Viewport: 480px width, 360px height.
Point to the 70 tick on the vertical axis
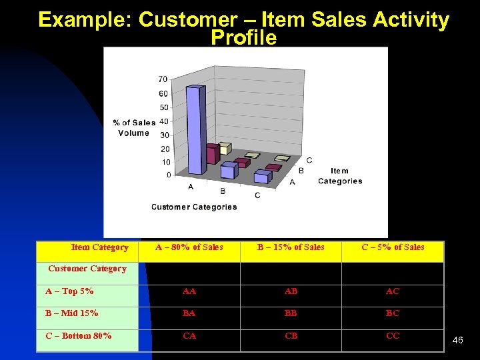163,79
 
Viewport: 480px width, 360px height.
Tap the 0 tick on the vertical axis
168,175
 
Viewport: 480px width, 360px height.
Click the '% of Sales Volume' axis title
134,127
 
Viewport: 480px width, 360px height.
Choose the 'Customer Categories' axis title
194,207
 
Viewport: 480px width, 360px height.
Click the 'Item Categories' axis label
339,176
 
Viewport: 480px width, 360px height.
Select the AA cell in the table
189,292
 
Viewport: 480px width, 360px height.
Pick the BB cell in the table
291,313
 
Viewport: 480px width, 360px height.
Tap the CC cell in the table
393,336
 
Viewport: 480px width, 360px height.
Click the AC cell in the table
393,292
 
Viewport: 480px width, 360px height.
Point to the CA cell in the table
189,336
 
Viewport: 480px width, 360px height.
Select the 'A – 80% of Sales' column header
189,247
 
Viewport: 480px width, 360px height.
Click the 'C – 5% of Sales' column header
393,247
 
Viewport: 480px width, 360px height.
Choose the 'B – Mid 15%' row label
72,313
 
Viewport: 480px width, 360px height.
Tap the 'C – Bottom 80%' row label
79,336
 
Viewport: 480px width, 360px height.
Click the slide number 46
457,341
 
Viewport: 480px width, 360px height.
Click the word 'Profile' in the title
243,38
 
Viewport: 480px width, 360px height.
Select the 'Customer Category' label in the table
87,269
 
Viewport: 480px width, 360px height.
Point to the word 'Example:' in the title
85,20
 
